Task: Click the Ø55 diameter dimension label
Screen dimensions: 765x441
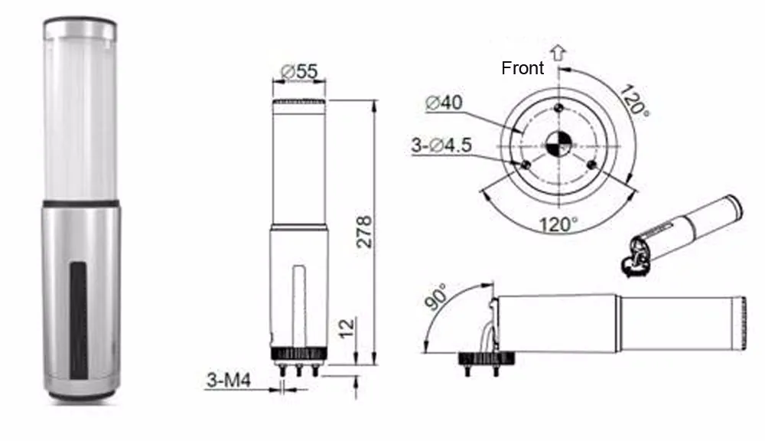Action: [299, 71]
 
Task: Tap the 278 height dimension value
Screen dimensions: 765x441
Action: [364, 232]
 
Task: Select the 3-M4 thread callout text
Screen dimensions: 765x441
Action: [229, 380]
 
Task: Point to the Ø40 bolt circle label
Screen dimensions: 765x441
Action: [444, 103]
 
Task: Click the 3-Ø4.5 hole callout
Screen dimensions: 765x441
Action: [441, 145]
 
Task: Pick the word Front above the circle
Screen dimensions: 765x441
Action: [522, 68]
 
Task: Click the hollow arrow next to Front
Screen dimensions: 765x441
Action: [558, 53]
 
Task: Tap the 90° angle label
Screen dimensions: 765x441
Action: [435, 296]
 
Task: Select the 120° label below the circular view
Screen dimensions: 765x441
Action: [558, 224]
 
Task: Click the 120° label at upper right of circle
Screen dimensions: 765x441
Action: [634, 100]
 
